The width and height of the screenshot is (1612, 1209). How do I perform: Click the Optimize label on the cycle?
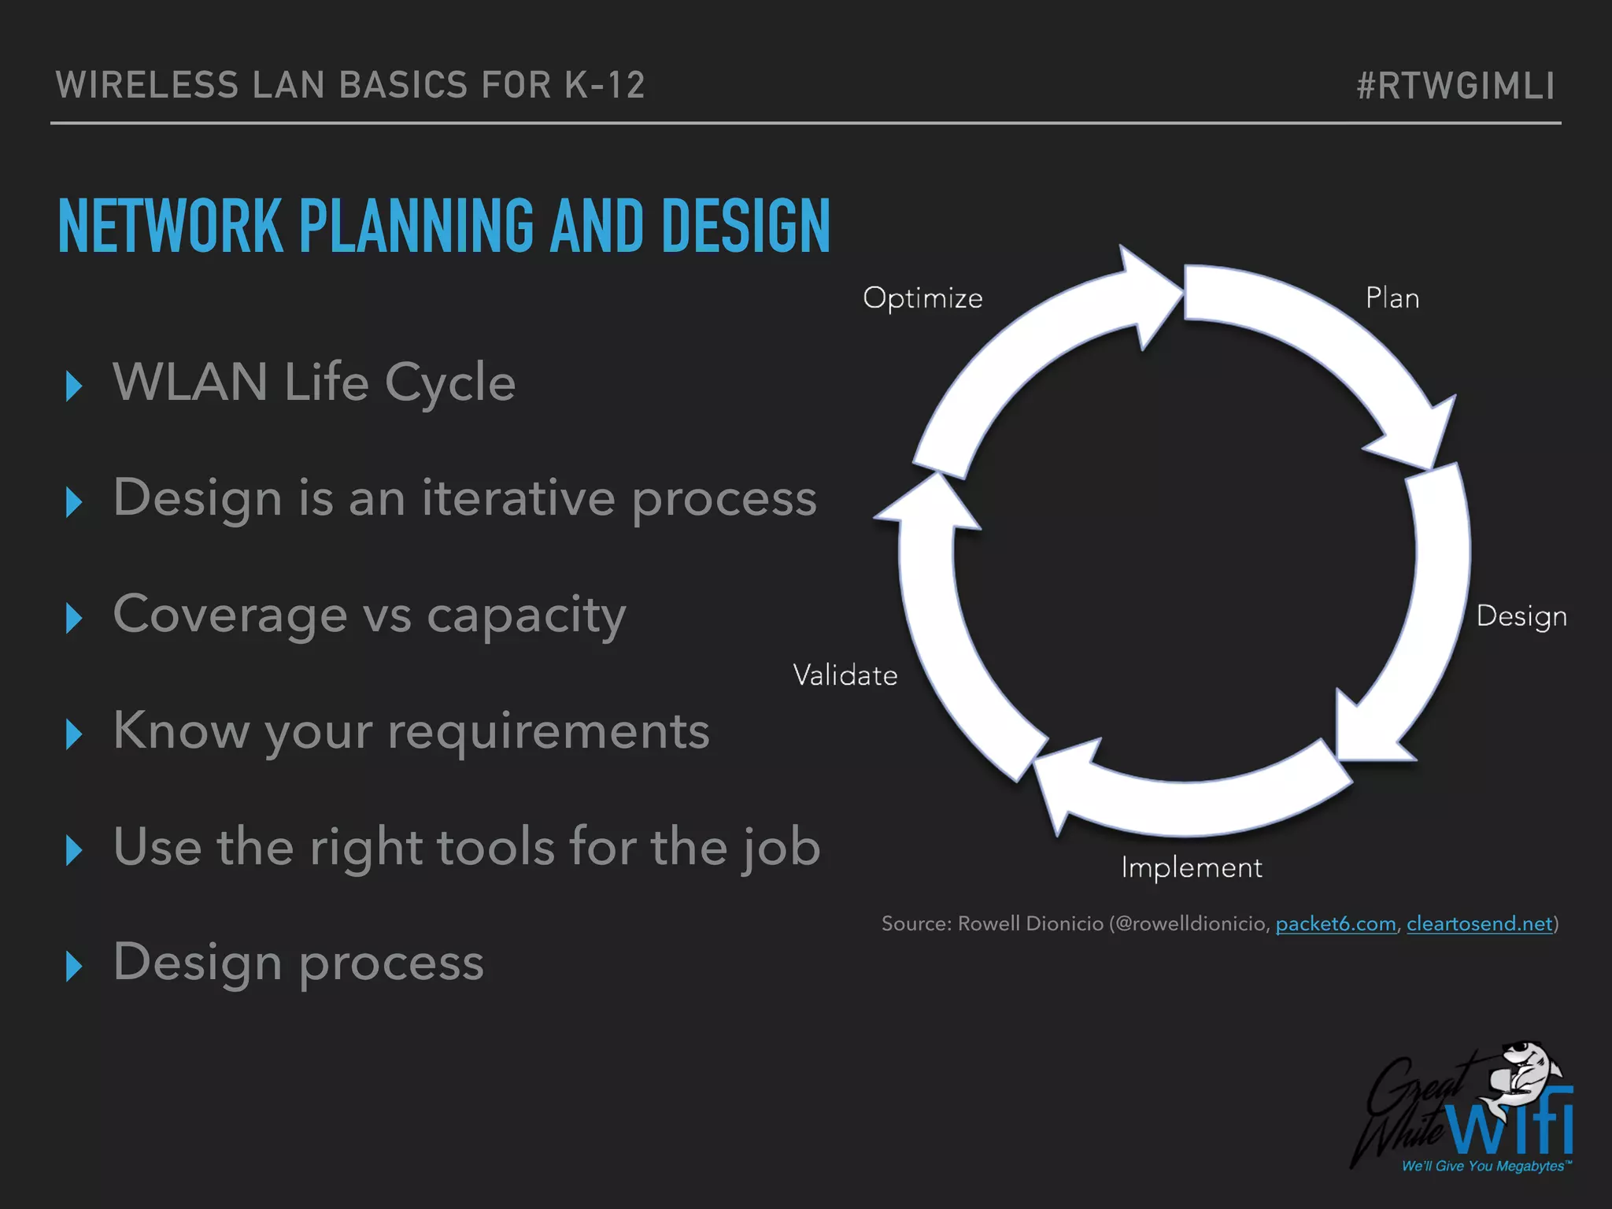coord(922,298)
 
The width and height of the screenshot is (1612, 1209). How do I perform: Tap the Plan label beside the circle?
coord(1392,298)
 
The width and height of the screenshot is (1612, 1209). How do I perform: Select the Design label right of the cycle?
coord(1521,616)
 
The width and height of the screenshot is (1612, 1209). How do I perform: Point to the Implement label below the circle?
coord(1191,867)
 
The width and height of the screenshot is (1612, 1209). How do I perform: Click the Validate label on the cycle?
coord(845,675)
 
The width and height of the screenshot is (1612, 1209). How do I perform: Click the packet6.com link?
coord(1335,923)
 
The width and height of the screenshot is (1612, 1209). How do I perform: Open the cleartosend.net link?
coord(1479,923)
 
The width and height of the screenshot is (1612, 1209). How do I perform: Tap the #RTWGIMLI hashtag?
coord(1455,86)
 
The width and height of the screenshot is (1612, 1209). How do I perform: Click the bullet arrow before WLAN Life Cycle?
coord(74,386)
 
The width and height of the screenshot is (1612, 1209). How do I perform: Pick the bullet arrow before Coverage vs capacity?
coord(74,618)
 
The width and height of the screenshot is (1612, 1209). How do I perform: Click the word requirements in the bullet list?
coord(549,732)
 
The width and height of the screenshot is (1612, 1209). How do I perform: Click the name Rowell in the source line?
coord(991,923)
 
